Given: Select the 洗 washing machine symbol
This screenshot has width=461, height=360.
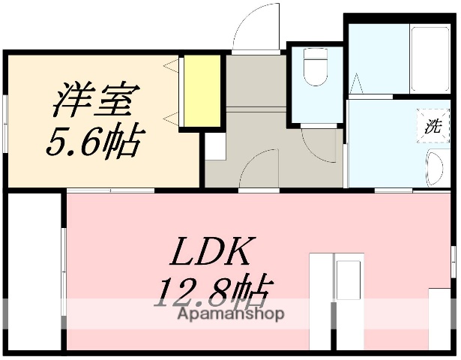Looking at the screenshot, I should (432, 126).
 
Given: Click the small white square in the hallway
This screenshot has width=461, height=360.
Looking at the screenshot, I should (214, 148).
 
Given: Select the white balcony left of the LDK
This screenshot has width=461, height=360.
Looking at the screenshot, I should (34, 271).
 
